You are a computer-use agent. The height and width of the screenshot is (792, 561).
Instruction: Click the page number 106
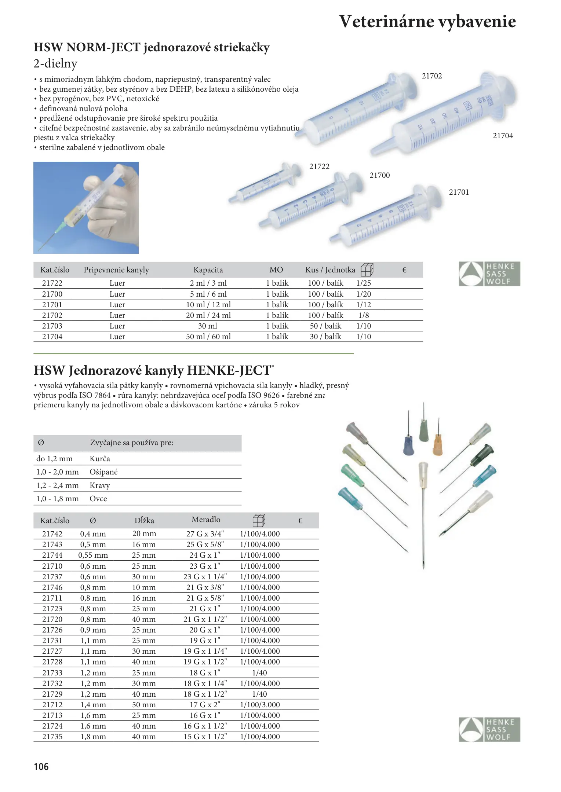(x=41, y=767)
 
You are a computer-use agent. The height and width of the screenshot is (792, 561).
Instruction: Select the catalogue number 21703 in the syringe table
(x=52, y=326)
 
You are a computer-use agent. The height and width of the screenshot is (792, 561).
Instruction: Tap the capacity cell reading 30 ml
(x=208, y=326)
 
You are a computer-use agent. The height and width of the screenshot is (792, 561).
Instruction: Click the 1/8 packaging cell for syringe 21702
(x=364, y=315)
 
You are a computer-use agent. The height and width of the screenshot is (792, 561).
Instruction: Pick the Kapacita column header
(x=208, y=270)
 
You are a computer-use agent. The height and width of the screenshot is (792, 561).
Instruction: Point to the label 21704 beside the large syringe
(x=503, y=136)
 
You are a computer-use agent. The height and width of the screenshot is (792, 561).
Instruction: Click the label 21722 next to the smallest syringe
(x=319, y=166)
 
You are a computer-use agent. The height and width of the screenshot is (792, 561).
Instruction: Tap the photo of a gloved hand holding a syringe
(x=86, y=208)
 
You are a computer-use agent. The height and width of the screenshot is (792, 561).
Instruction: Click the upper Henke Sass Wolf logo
(x=489, y=274)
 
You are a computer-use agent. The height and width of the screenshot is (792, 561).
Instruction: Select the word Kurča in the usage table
(x=100, y=459)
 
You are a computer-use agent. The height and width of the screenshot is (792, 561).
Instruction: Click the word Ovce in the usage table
(x=98, y=499)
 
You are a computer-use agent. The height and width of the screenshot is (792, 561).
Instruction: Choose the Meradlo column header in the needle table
(x=206, y=520)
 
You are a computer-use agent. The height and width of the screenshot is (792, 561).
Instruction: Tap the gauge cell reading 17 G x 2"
(x=205, y=705)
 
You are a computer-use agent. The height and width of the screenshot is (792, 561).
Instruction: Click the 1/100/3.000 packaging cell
(x=260, y=705)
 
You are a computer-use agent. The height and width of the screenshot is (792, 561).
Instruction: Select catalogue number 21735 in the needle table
(x=52, y=737)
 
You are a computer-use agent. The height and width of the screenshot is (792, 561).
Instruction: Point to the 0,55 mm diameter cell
(x=93, y=555)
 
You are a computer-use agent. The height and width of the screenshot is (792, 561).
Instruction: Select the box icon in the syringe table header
(x=367, y=270)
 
